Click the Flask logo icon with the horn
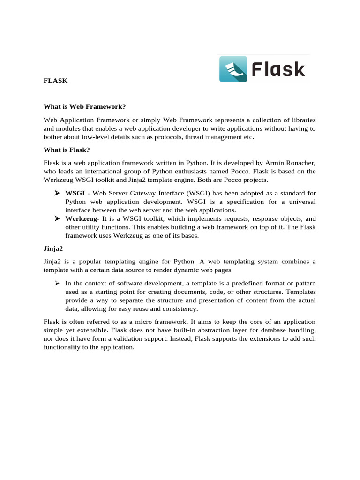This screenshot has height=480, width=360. coord(233,69)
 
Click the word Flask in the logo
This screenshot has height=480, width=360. coord(278,69)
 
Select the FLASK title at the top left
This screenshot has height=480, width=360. coord(56,81)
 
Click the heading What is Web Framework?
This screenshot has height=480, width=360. coord(85,106)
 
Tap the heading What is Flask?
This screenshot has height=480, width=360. coord(67,150)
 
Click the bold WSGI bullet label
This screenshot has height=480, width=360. coord(75,193)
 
